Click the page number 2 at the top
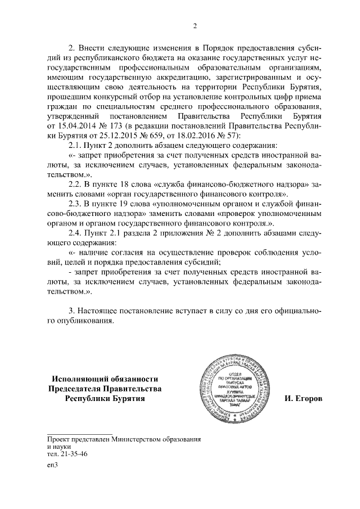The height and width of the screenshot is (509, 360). tap(195, 25)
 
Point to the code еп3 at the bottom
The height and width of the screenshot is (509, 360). tap(53, 465)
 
